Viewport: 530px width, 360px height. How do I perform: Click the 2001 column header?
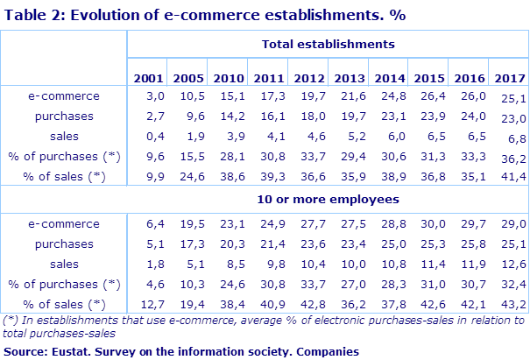[147, 77]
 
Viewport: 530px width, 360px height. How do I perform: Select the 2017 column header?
[508, 77]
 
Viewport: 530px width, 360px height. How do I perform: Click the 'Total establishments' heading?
[328, 43]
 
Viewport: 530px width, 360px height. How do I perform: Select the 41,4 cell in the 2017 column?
[512, 178]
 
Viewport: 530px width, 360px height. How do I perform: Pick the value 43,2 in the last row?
[512, 305]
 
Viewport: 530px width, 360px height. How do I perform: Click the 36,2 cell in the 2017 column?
[512, 158]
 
